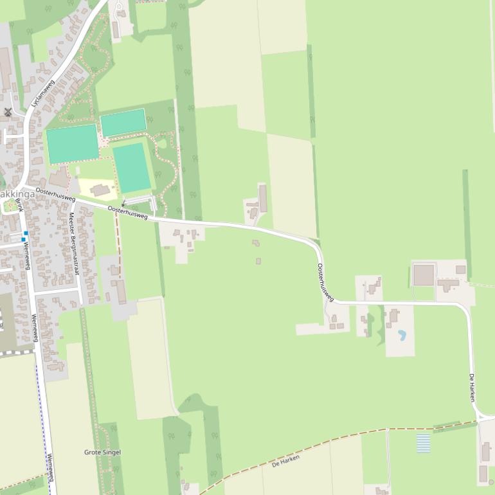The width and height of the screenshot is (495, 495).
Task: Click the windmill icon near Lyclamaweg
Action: pos(8,112)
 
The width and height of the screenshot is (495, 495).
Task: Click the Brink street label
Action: pos(19,205)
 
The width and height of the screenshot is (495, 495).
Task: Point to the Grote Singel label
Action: pos(102,453)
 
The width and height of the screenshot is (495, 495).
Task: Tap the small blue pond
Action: pos(402,335)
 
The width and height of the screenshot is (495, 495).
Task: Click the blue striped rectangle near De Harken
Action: pos(423,443)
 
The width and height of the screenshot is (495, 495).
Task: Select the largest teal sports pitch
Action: pos(73,144)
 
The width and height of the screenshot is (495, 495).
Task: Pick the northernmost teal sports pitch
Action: pos(123,122)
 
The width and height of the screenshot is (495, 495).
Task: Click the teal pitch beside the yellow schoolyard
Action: pos(132,168)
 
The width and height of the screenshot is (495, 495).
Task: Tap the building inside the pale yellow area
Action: pos(100,190)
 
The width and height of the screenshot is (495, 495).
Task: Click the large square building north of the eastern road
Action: pos(424,274)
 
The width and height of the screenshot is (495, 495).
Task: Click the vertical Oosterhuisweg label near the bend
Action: pos(325,283)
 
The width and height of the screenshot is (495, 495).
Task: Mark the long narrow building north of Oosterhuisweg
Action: pos(263,199)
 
